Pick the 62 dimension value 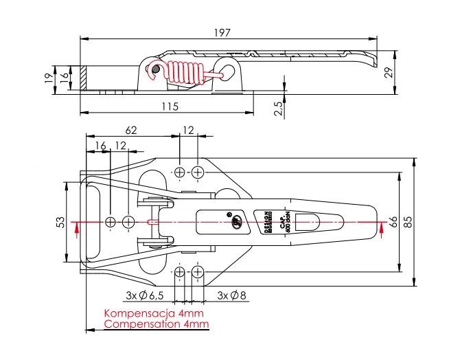[132, 128]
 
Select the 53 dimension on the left [60, 222]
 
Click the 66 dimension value [393, 222]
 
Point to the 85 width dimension [408, 222]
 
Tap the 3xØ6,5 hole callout [144, 295]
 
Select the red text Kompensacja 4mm [148, 313]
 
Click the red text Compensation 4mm [148, 323]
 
